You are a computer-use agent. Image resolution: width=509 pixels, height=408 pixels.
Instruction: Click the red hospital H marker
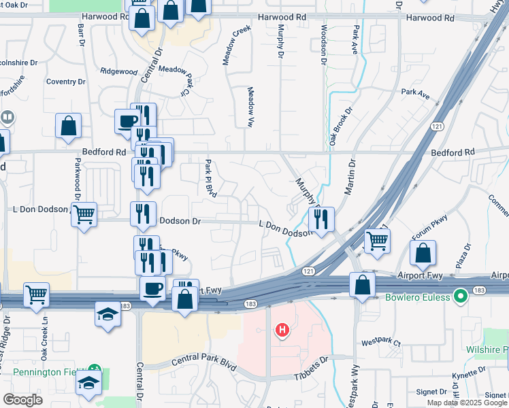282,331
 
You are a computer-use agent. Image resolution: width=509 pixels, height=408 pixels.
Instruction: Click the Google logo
22,400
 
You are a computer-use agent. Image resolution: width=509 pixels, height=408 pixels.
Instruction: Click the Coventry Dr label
65,82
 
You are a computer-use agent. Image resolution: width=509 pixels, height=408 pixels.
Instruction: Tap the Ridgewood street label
118,71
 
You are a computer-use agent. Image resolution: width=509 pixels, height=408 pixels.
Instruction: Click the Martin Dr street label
350,176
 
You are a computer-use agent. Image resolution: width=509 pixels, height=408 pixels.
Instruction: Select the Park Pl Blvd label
210,176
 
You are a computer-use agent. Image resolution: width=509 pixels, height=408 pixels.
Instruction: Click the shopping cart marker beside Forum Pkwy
376,240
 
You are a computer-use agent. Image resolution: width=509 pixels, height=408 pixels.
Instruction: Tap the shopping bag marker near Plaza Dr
423,253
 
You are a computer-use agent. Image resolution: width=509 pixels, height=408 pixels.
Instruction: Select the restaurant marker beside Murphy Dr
321,219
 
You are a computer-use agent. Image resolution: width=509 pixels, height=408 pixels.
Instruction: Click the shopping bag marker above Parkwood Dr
69,126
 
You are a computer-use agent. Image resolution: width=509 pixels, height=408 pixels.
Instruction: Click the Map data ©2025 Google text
467,403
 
